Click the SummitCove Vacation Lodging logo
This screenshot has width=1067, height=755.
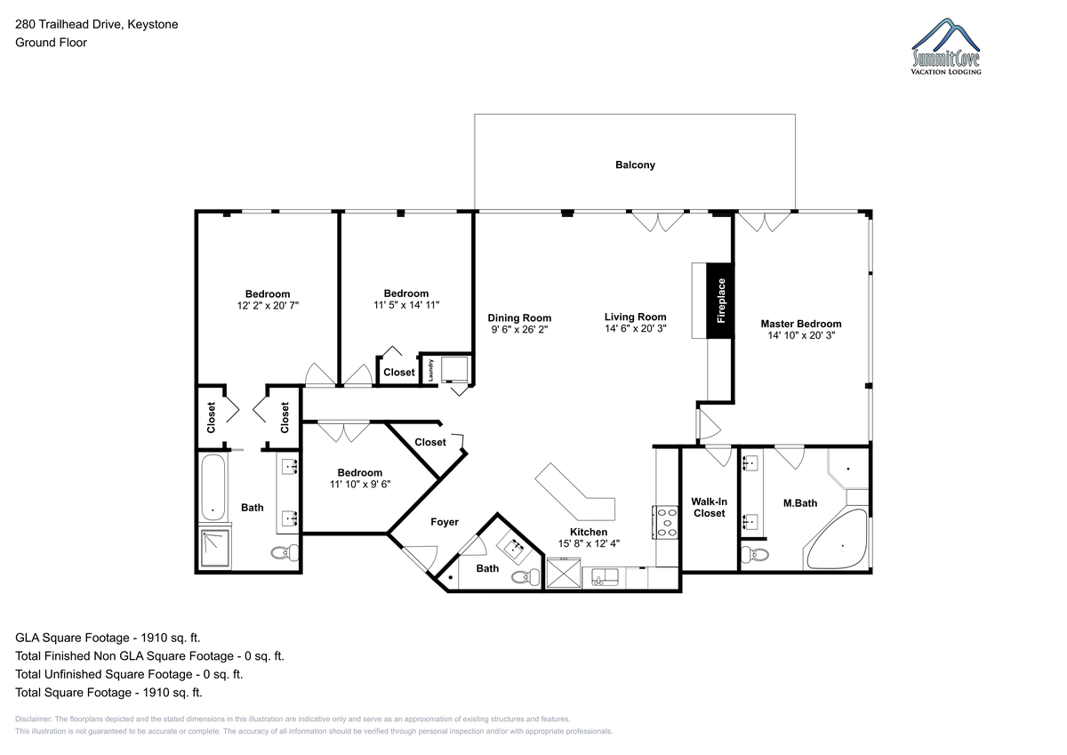[x=945, y=46]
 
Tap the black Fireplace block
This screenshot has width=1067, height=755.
[x=720, y=301]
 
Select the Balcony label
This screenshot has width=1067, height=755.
[x=635, y=165]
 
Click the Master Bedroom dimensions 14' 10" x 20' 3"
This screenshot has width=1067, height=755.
[x=801, y=335]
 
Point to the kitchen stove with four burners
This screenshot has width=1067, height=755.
[x=665, y=522]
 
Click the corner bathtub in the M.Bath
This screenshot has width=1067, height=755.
[x=837, y=540]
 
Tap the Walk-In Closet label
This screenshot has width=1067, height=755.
[x=709, y=507]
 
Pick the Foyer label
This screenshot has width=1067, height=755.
[x=445, y=522]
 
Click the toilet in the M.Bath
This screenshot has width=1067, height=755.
[x=756, y=554]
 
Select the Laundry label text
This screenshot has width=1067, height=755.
[x=430, y=370]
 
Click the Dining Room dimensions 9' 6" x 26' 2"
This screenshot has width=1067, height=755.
[x=519, y=329]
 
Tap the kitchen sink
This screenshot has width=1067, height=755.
[x=605, y=577]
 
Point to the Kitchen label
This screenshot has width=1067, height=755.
[x=589, y=532]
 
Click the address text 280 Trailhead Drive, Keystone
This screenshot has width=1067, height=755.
[x=97, y=24]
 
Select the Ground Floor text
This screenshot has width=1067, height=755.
[x=51, y=43]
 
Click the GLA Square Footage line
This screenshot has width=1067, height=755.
[x=108, y=638]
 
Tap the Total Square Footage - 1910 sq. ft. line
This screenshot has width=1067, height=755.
[x=108, y=693]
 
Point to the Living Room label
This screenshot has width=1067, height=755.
[x=636, y=317]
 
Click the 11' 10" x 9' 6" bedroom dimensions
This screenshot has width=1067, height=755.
[x=360, y=484]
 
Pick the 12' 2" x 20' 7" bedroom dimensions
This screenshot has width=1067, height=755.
[x=268, y=305]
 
